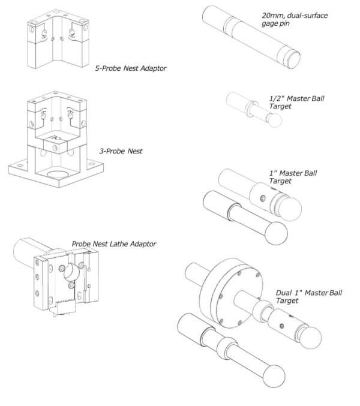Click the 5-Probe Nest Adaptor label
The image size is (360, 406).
(x=130, y=68)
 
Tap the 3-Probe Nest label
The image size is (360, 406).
(x=123, y=151)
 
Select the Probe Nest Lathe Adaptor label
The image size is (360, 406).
(x=114, y=244)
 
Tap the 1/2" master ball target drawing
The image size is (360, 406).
(x=251, y=109)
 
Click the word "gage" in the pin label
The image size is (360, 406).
(x=271, y=23)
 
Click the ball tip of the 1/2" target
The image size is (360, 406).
(x=274, y=120)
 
